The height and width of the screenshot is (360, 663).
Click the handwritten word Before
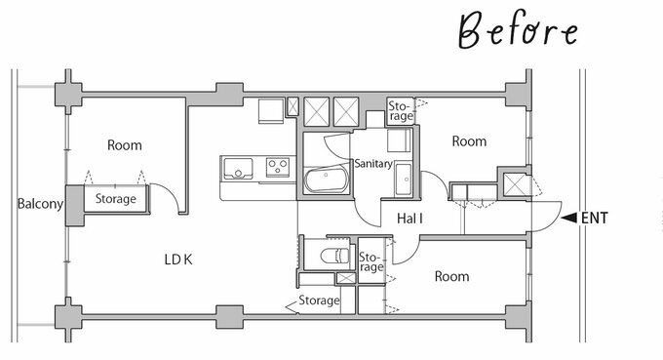tap(518, 29)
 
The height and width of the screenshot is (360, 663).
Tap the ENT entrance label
tap(595, 218)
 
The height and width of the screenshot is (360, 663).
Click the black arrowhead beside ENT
tap(568, 218)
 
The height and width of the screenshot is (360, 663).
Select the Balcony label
tap(40, 204)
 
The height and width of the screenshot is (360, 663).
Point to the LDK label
tap(178, 260)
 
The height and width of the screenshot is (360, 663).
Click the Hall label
tap(409, 219)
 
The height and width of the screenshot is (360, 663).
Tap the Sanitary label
tap(373, 163)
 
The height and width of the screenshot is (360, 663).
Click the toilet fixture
tap(334, 256)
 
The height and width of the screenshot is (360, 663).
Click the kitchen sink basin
tap(238, 169)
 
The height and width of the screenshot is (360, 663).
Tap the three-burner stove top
tap(278, 167)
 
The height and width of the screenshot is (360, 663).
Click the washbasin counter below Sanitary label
tap(404, 180)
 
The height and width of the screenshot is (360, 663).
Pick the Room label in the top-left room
tap(125, 145)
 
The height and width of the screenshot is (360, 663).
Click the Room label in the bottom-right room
tap(451, 276)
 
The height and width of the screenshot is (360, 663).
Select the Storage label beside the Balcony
tap(115, 198)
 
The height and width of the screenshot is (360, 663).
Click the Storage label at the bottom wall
tap(319, 300)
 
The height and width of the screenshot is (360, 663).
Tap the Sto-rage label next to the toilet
tap(370, 262)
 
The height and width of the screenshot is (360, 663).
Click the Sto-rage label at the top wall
tap(400, 111)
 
